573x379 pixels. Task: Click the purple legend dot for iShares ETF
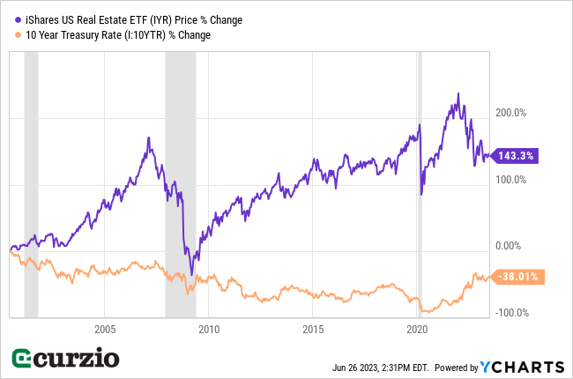(x=19, y=19)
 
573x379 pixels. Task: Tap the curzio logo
(x=67, y=359)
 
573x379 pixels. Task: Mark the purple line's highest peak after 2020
(x=458, y=93)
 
